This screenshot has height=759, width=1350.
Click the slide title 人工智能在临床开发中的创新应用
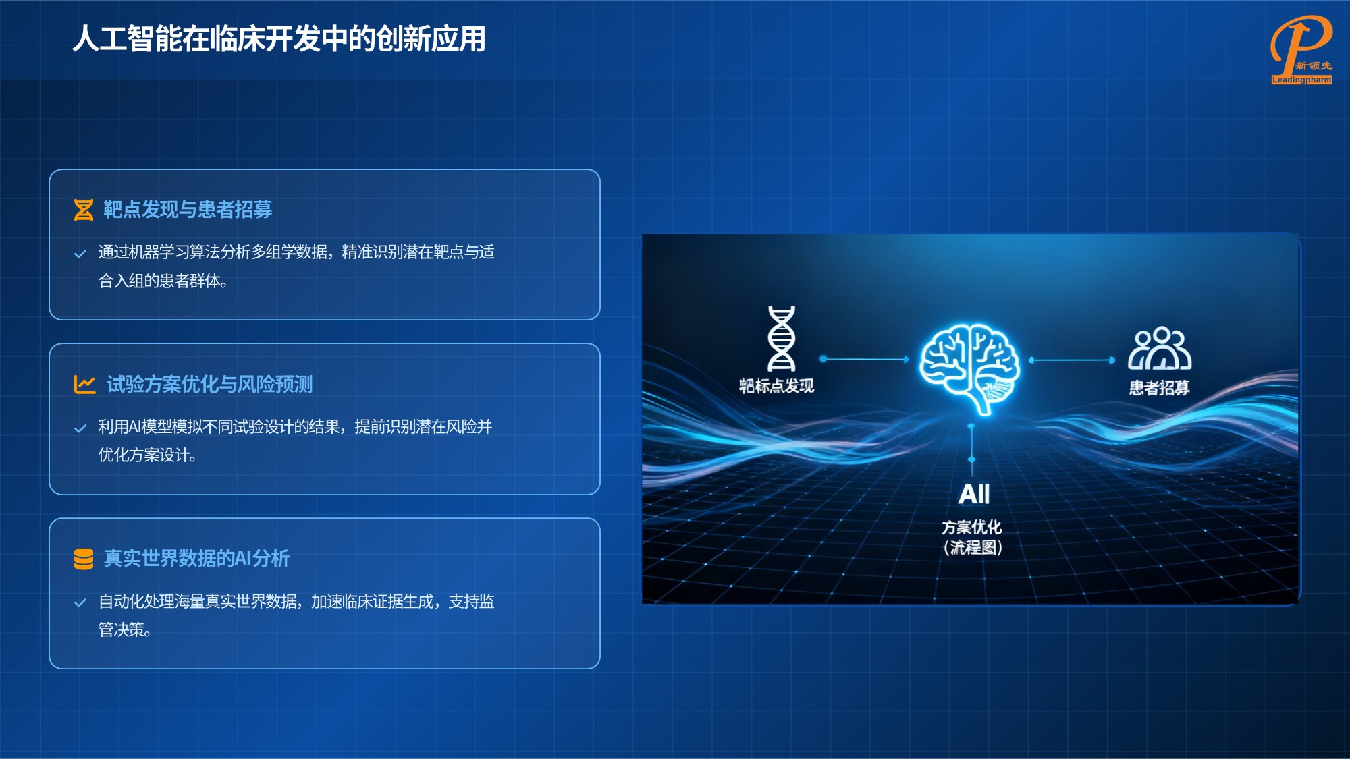[279, 39]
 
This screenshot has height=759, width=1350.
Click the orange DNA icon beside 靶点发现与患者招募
[84, 210]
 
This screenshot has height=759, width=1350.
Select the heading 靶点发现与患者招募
[188, 210]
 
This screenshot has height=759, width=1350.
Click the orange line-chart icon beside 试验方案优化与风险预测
[84, 385]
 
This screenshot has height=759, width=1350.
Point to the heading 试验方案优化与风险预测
[209, 385]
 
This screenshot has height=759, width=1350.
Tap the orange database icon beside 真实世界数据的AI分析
[84, 559]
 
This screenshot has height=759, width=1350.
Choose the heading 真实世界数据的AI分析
[196, 559]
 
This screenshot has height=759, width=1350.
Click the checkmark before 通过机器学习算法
[80, 254]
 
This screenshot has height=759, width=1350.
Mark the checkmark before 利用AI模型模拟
[80, 428]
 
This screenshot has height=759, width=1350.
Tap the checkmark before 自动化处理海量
[80, 602]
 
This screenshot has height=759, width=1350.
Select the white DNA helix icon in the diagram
[782, 339]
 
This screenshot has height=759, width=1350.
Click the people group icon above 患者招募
[1160, 349]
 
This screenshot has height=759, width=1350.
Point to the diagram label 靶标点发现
[776, 386]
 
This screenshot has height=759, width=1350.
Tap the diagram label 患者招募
[1159, 388]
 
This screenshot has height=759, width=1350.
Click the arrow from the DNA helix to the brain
[865, 359]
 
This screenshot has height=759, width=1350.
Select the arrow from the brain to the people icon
[1072, 360]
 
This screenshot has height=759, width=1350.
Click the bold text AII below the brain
[974, 494]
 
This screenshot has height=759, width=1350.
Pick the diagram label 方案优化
[972, 527]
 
